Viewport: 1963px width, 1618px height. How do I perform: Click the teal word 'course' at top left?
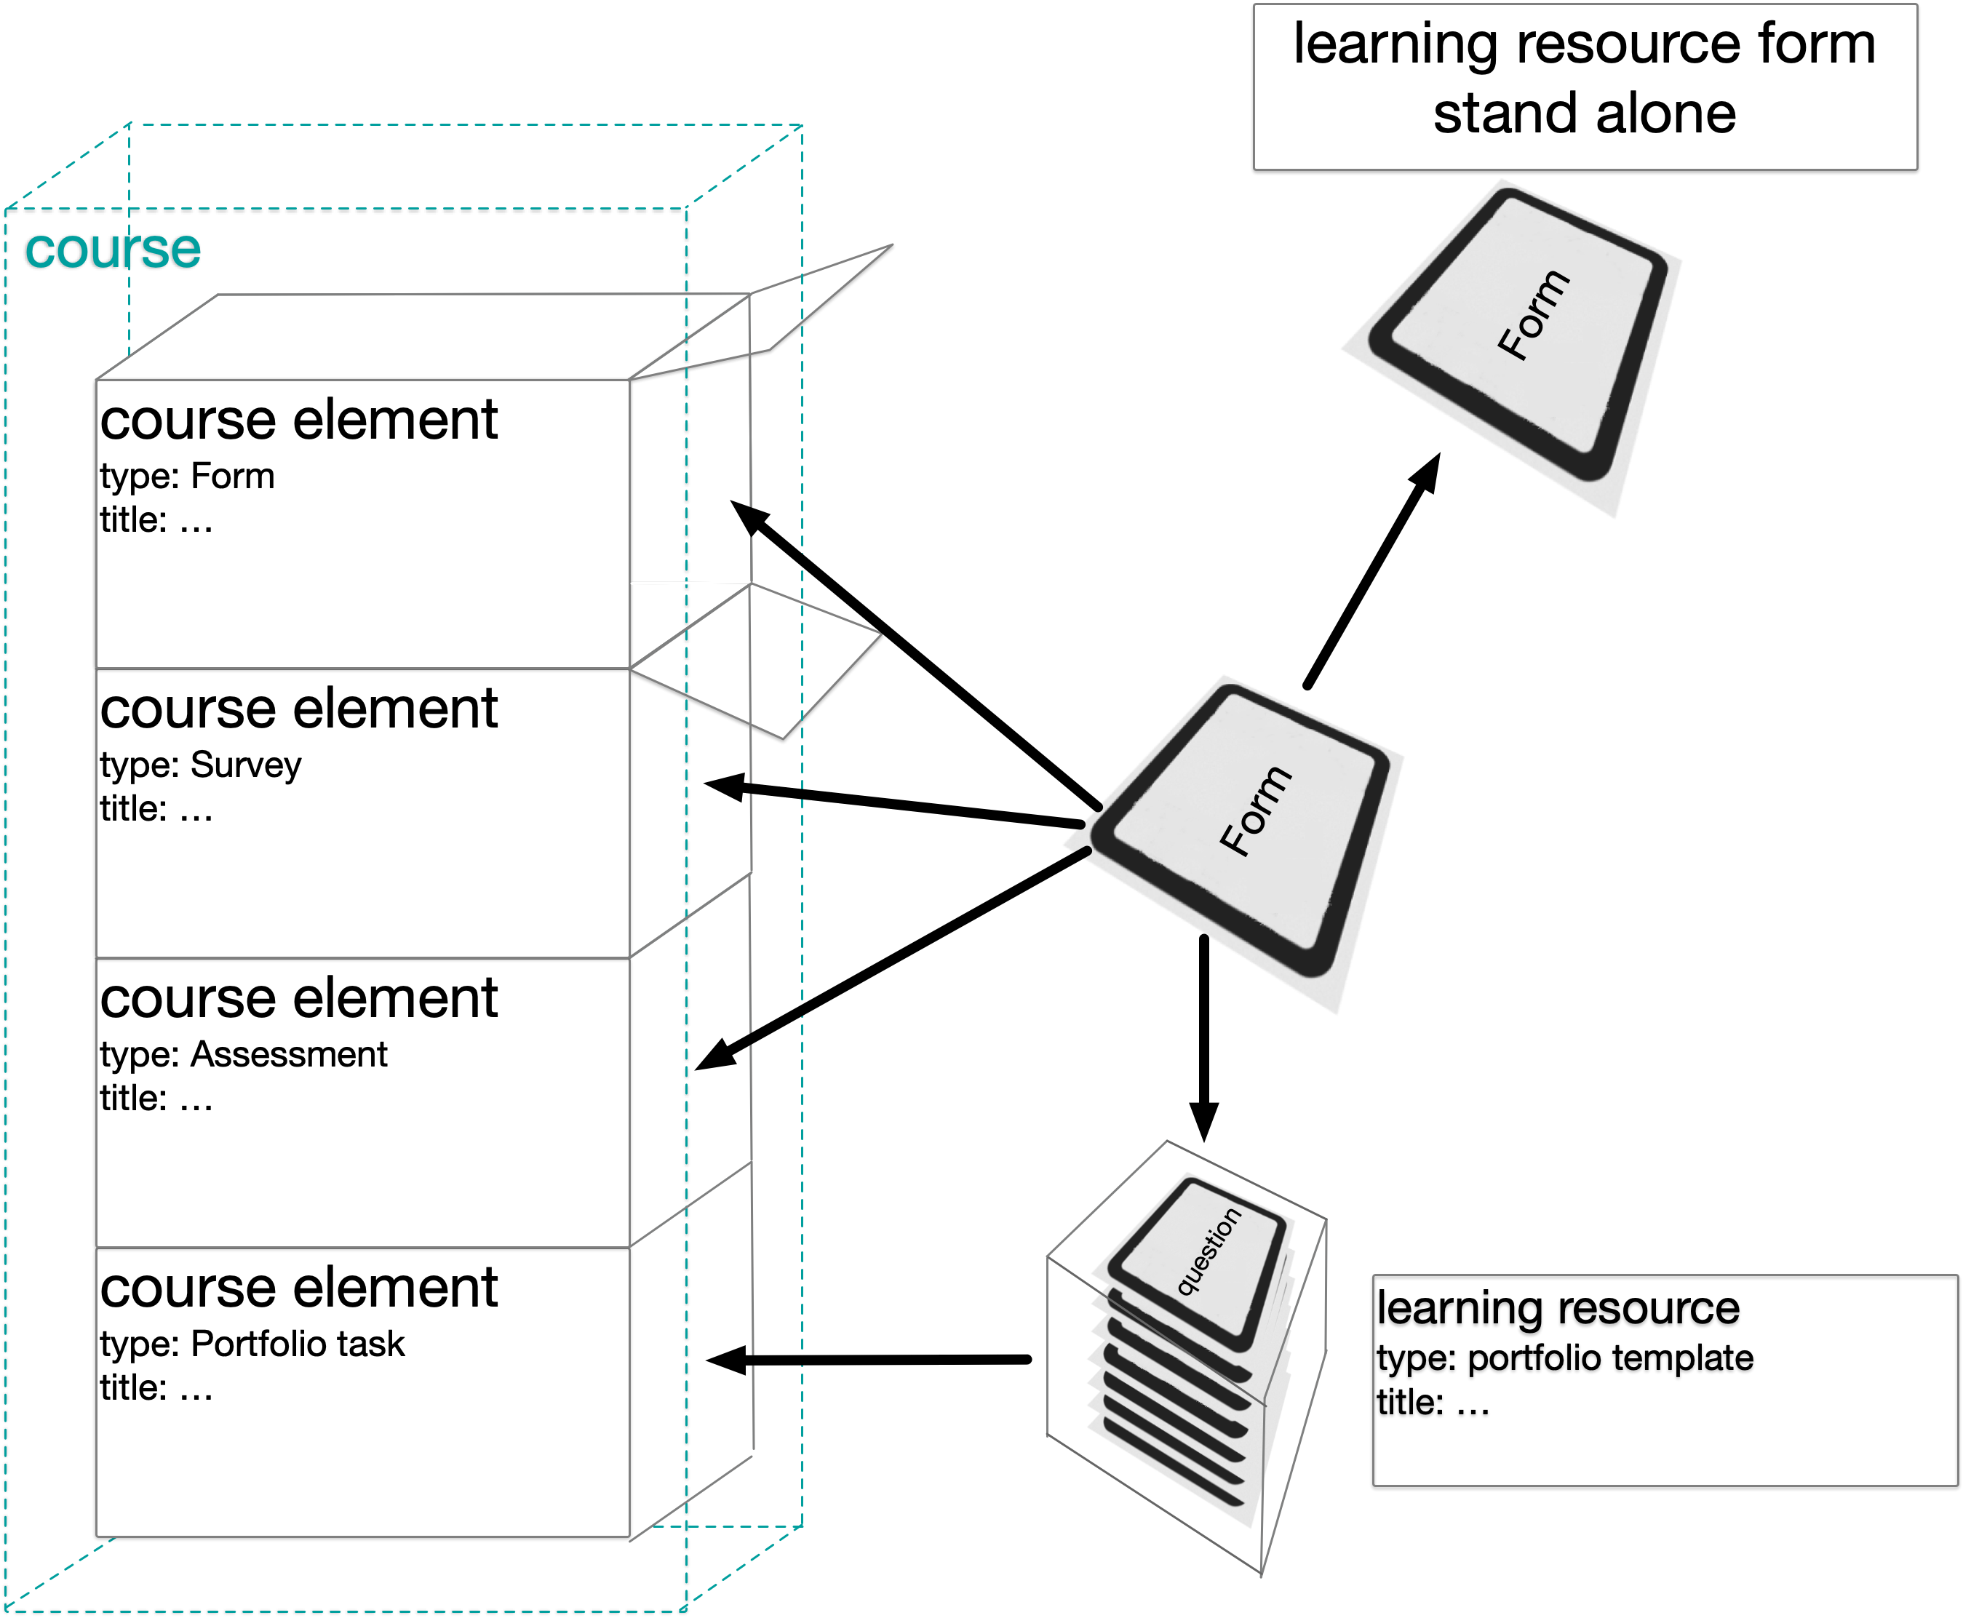coord(113,249)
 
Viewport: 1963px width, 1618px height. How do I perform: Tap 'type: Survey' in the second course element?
coord(200,765)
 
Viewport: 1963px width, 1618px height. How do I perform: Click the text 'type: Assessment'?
coord(243,1054)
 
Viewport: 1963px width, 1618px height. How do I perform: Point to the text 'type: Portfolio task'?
coord(252,1344)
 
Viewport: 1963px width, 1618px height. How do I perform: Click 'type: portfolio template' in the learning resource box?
coord(1564,1358)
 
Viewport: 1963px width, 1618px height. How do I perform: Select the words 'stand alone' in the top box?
coord(1584,113)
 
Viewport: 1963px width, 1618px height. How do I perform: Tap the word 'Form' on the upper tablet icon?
coord(1533,314)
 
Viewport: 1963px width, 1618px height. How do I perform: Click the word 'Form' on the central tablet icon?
coord(1256,811)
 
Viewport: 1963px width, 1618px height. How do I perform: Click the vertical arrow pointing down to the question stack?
coord(1203,1035)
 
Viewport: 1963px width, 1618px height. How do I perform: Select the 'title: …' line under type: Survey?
coord(156,809)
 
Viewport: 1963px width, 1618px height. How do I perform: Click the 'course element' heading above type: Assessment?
coord(298,998)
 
